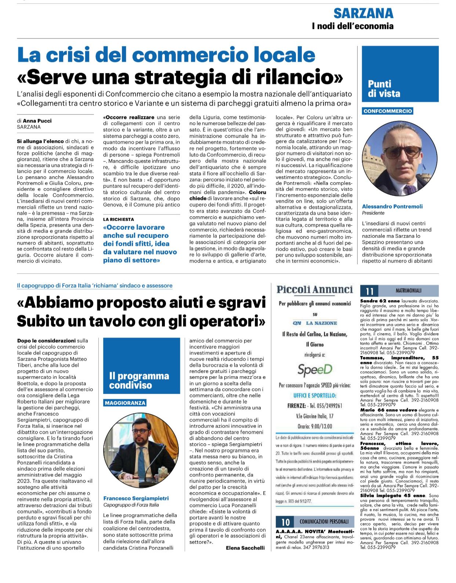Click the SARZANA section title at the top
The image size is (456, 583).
[x=363, y=14]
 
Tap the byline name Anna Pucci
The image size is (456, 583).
[x=37, y=121]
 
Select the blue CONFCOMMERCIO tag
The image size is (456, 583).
[x=388, y=111]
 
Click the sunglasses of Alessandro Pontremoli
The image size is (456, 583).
[x=402, y=151]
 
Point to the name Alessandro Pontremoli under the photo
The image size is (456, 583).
[x=392, y=206]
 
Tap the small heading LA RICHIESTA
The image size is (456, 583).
[x=118, y=219]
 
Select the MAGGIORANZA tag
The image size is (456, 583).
[x=125, y=403]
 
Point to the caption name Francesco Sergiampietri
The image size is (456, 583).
[x=136, y=499]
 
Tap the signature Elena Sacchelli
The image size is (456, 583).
[x=245, y=548]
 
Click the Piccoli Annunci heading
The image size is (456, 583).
[x=315, y=289]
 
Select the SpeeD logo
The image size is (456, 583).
[x=315, y=370]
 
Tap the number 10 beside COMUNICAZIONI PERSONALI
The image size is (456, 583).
[x=285, y=522]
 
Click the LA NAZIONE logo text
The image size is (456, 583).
[x=321, y=323]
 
